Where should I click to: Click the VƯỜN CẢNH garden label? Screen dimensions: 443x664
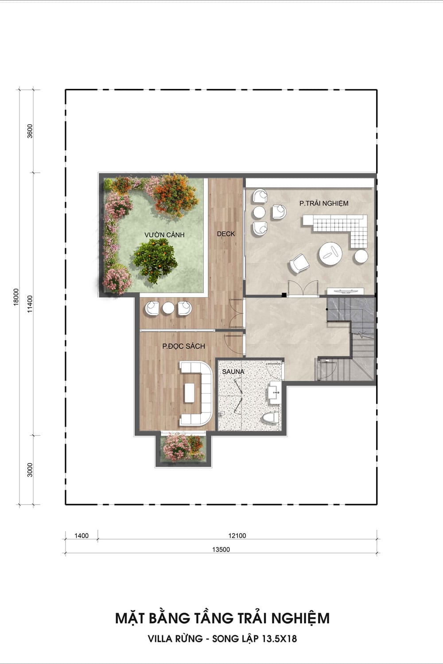(x=164, y=235)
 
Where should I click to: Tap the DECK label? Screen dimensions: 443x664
(x=226, y=234)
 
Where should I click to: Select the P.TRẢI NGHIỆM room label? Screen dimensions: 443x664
(x=324, y=203)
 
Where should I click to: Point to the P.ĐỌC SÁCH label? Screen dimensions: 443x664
(x=183, y=346)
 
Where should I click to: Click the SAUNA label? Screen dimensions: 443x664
(x=233, y=371)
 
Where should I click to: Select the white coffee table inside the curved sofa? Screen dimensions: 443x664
(x=189, y=393)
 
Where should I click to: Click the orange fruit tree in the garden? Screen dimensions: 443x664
(x=155, y=260)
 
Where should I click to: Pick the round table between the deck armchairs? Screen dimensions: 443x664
(x=168, y=308)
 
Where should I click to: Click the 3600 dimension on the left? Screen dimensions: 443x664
(x=30, y=131)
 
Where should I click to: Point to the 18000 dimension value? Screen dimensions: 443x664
(x=16, y=297)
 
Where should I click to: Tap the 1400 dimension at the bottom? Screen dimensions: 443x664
(x=82, y=536)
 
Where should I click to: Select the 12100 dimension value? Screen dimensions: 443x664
(x=237, y=536)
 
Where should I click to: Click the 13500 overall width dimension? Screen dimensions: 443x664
(x=221, y=550)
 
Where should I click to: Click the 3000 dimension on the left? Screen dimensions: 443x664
(x=30, y=470)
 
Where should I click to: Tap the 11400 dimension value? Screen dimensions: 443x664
(x=30, y=304)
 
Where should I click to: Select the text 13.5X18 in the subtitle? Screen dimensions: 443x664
(x=279, y=638)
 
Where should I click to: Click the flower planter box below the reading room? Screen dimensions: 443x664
(x=183, y=448)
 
